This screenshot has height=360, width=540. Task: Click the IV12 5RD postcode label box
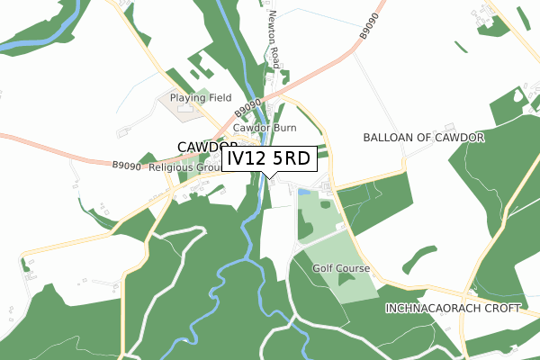pyautogui.click(x=269, y=158)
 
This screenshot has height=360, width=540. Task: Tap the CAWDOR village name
pyautogui.click(x=207, y=146)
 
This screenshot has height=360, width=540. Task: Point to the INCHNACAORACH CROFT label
pyautogui.click(x=453, y=308)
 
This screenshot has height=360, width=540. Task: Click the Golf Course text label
pyautogui.click(x=341, y=268)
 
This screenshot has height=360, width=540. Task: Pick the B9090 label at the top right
pyautogui.click(x=365, y=26)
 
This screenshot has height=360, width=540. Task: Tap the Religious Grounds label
pyautogui.click(x=184, y=167)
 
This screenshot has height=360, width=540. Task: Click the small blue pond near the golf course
pyautogui.click(x=303, y=192)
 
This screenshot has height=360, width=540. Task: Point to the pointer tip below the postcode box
pyautogui.click(x=269, y=177)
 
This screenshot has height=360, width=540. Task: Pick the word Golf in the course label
pyautogui.click(x=323, y=268)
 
